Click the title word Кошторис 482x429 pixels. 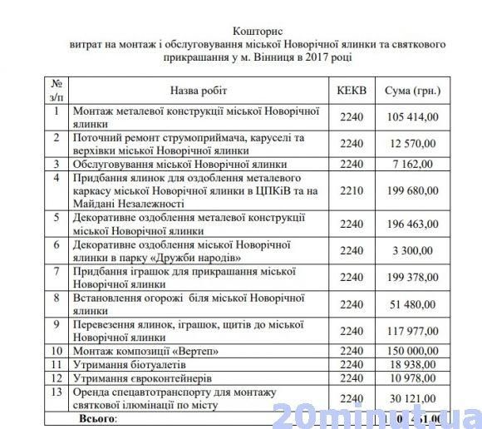tap(240, 29)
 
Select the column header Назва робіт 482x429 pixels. tap(198, 90)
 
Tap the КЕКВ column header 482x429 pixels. tap(352, 90)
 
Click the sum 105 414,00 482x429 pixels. tap(408, 117)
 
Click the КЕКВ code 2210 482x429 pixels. tap(352, 190)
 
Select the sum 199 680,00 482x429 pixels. tap(408, 190)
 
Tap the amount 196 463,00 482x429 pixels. tap(408, 224)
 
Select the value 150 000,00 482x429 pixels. tap(408, 351)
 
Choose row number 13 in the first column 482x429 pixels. tap(55, 392)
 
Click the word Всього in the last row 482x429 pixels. tap(97, 418)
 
